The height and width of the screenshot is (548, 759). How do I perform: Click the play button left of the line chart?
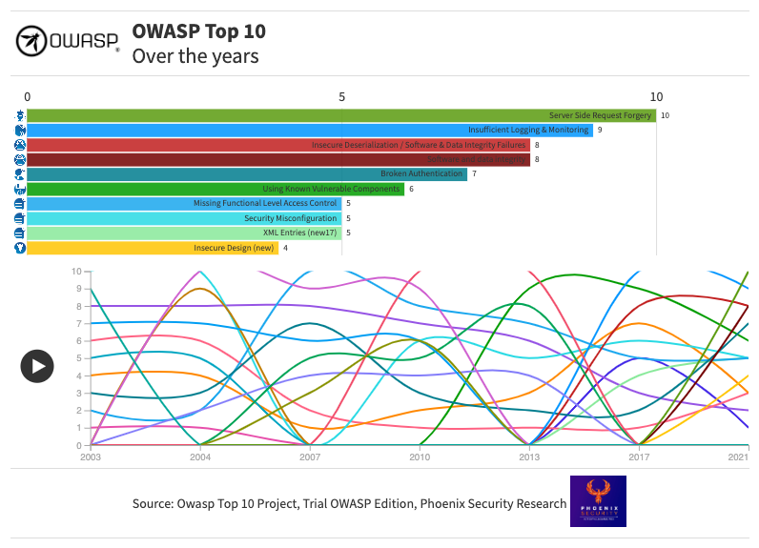tap(37, 365)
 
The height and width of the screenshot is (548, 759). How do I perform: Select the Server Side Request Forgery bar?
tap(340, 115)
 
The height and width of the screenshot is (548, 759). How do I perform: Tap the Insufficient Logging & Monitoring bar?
tap(310, 130)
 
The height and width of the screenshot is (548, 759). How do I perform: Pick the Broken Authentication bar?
tap(247, 173)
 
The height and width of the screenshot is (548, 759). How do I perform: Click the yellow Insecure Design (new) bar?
tap(153, 248)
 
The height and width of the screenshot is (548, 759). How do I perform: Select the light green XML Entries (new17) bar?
tap(184, 233)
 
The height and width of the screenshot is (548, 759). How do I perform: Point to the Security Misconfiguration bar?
tap(184, 218)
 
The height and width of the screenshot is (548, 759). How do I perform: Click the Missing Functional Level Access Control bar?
tap(184, 203)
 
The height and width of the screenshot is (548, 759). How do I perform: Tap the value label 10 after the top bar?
tap(665, 115)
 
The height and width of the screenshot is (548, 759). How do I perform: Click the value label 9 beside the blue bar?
tap(600, 130)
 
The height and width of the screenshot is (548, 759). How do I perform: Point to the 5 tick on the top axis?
tap(341, 97)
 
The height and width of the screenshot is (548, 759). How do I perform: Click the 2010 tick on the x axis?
tap(420, 458)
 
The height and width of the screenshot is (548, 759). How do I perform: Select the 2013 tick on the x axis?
tap(529, 458)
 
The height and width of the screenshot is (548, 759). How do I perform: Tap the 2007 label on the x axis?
tap(310, 458)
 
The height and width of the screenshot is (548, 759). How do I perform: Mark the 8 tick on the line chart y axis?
tap(76, 306)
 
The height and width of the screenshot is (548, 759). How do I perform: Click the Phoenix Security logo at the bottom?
tap(598, 501)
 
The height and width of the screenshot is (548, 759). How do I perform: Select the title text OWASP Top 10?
tap(198, 31)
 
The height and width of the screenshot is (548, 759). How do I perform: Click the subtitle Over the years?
tap(195, 56)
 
